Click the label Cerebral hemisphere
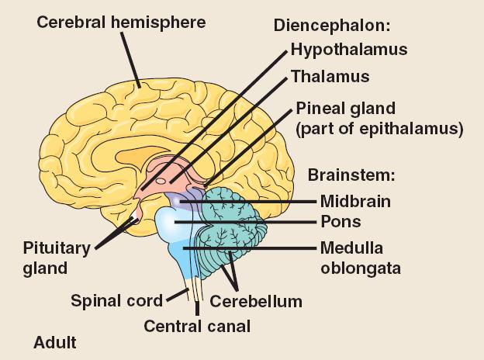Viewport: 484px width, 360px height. coord(122,22)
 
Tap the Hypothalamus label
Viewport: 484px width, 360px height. coord(349,50)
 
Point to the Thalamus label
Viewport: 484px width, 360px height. coord(330,76)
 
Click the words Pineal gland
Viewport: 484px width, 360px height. coord(346,108)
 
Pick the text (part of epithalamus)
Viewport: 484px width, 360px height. coord(379,128)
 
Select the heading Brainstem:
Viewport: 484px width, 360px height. coord(351,175)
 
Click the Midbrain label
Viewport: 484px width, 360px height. coord(355,201)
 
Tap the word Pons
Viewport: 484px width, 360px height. coord(341,222)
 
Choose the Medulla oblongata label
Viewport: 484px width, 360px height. coord(351,258)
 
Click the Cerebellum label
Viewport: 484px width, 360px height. coord(256,300)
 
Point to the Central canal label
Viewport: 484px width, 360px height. coord(197,326)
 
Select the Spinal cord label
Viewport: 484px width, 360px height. coord(117,300)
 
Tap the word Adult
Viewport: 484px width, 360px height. coord(55,341)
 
